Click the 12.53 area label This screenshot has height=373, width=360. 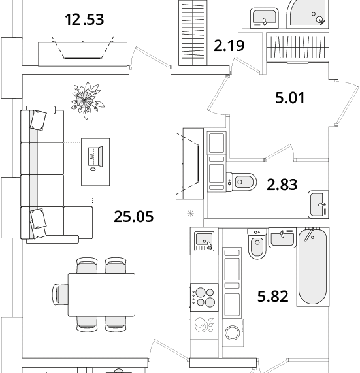point(84,20)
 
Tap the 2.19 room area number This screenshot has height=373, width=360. point(229,46)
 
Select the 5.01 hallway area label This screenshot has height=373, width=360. point(290,98)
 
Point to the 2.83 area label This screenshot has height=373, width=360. point(282,185)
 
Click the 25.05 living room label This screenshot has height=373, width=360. point(134,217)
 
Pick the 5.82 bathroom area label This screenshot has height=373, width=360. point(273,296)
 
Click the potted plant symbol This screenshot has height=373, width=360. point(88,100)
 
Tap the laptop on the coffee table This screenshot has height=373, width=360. point(95,156)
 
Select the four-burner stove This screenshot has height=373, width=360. point(204,297)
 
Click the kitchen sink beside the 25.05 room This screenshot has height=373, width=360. point(204,241)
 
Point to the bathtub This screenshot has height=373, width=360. point(313,266)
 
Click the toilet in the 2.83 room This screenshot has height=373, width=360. point(241,182)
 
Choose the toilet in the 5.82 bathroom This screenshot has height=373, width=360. point(257,244)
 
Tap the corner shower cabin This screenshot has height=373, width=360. point(308,14)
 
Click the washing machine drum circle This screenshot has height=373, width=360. point(233,332)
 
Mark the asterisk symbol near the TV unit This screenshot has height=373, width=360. point(190,214)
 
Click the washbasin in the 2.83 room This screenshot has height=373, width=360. point(318,204)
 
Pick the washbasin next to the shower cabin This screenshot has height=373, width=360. point(264,18)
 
